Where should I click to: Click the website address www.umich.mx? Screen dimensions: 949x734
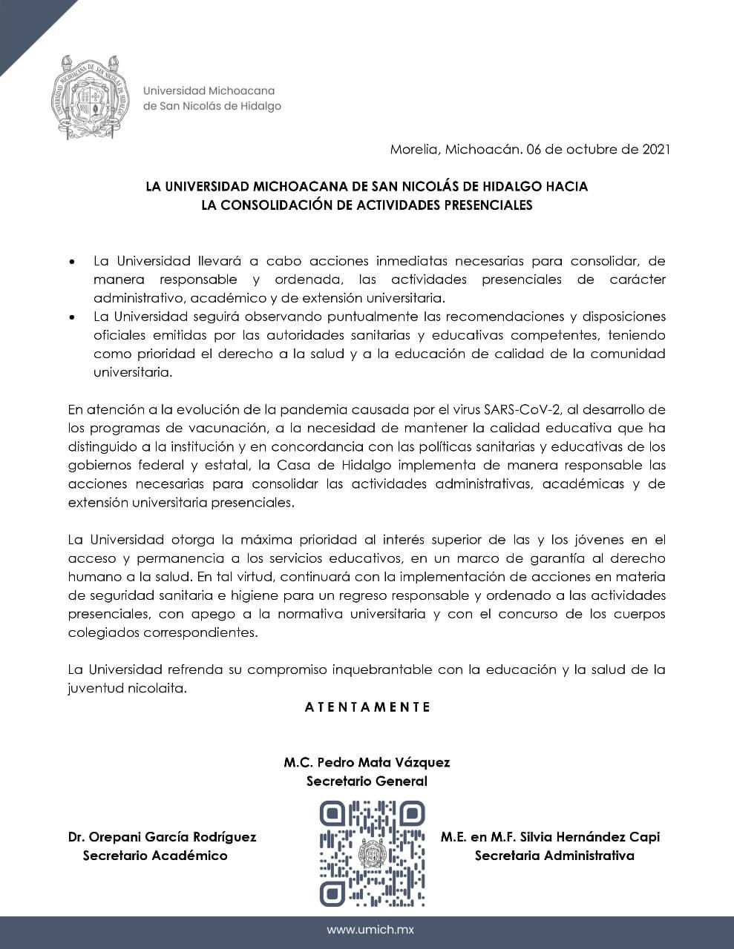click(x=367, y=930)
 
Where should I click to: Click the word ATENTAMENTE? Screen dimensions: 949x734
click(x=367, y=707)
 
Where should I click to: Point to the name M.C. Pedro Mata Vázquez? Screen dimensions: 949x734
click(x=367, y=762)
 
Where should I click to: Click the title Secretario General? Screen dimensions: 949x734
click(x=367, y=781)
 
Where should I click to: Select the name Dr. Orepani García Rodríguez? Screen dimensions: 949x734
click(x=162, y=837)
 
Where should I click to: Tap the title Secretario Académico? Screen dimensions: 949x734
click(x=155, y=856)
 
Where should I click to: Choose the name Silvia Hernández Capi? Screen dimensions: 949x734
click(x=586, y=837)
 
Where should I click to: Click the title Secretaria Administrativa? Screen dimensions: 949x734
click(x=554, y=856)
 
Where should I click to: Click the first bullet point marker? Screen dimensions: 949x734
click(x=72, y=262)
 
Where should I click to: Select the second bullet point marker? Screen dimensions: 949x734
click(x=72, y=317)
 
